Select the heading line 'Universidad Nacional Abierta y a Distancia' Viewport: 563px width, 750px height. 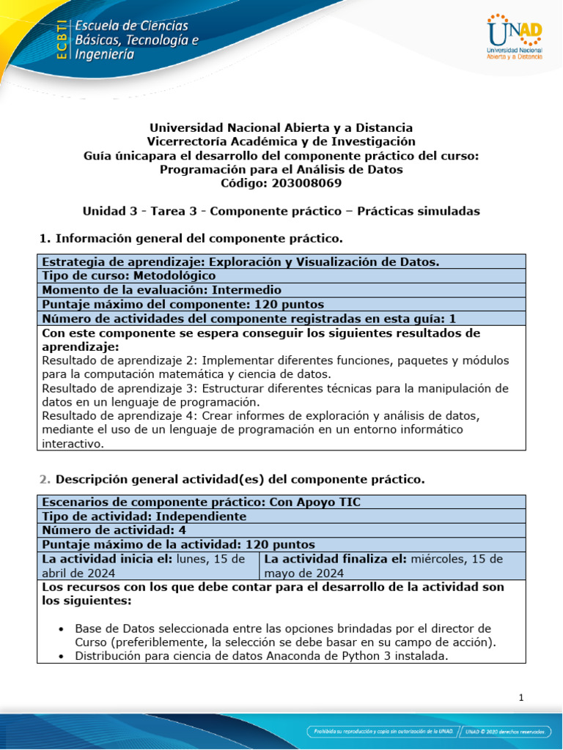[x=281, y=127]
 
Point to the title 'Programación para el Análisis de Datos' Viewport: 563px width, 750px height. [x=281, y=169]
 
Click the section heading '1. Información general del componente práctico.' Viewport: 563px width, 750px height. [x=190, y=238]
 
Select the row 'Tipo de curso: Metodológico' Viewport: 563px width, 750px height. [x=129, y=276]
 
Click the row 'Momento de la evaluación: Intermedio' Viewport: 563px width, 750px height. [x=161, y=290]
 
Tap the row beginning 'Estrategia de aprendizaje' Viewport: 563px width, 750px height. [x=240, y=262]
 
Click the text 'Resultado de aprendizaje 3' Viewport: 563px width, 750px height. [x=119, y=388]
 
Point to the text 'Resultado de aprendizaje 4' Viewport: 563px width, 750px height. [x=119, y=416]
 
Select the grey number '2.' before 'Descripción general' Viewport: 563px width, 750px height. [x=44, y=480]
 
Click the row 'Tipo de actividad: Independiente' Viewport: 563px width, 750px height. [x=144, y=516]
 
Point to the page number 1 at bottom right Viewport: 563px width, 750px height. [x=520, y=698]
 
